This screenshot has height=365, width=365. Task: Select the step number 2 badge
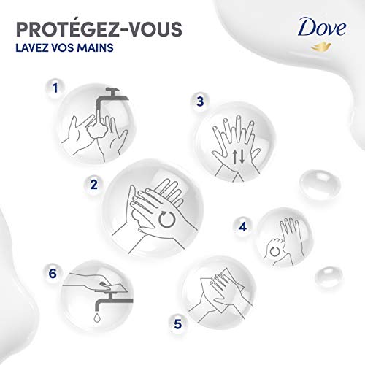point(93,185)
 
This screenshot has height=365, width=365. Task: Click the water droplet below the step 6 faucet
point(98,320)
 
